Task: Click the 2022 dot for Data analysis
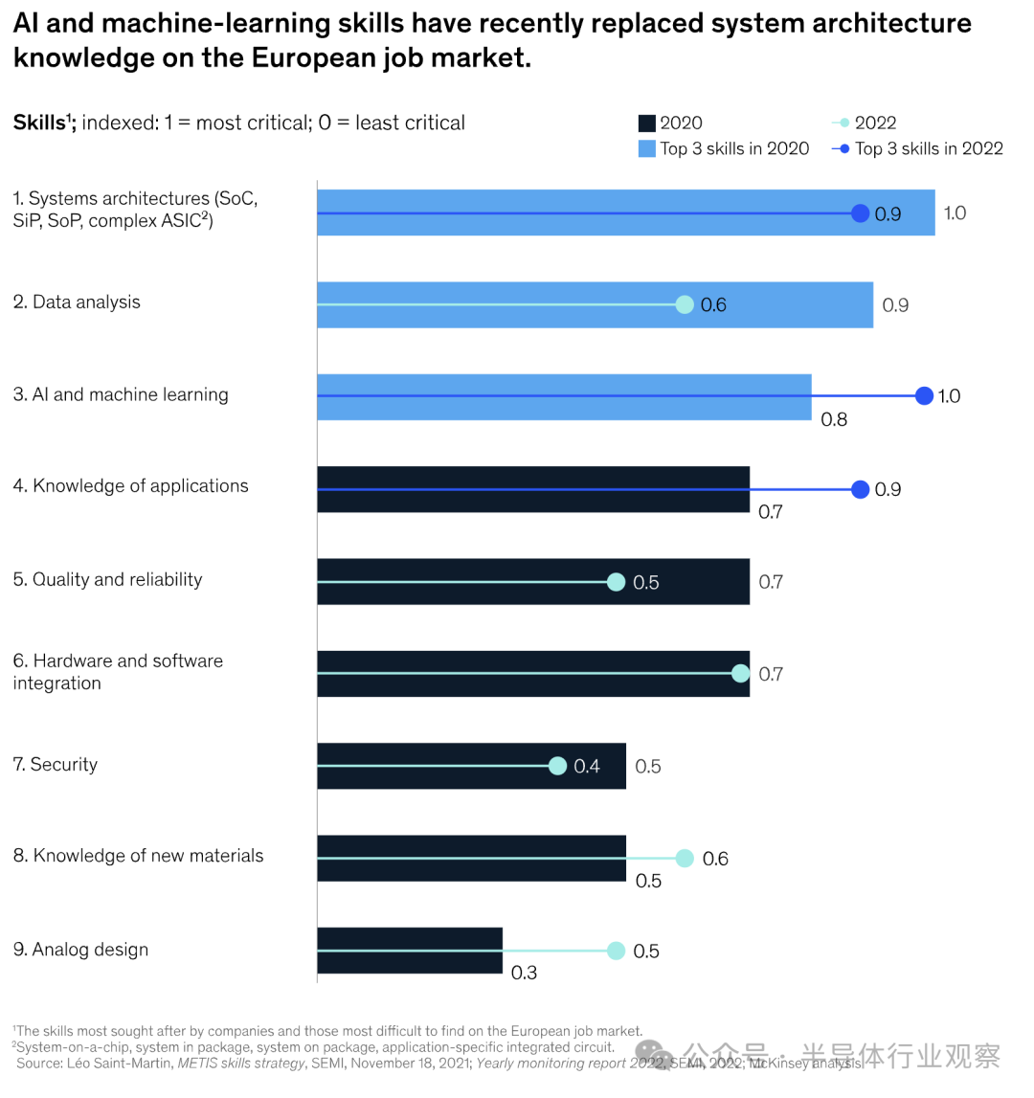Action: point(685,304)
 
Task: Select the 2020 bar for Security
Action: point(471,766)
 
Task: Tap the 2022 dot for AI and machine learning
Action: point(924,395)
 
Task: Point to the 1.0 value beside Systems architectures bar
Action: point(955,213)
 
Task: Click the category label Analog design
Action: point(81,950)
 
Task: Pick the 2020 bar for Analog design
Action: point(410,951)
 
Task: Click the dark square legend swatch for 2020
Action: point(647,123)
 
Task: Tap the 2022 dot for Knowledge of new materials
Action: point(685,858)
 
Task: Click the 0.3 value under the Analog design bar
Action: point(524,973)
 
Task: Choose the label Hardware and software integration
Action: point(118,672)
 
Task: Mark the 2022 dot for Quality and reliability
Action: point(616,582)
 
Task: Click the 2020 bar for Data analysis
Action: point(595,304)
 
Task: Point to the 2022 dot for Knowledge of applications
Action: point(861,489)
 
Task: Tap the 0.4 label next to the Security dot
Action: point(587,766)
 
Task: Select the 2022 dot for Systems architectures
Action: point(861,213)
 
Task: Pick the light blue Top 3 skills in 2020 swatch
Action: point(647,148)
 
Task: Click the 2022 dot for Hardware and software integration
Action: point(740,674)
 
